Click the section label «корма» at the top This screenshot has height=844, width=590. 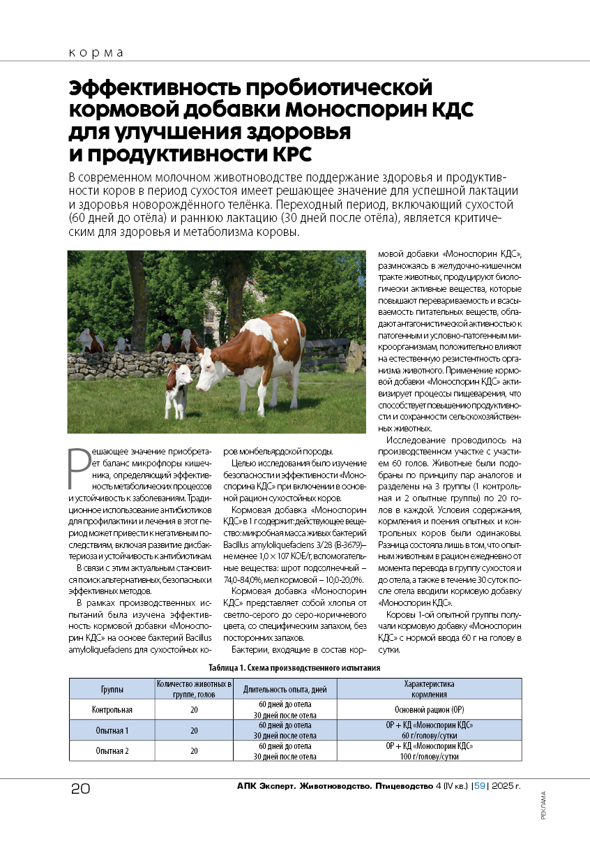point(96,53)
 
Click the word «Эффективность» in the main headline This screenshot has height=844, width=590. point(153,89)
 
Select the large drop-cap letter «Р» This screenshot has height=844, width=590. point(80,466)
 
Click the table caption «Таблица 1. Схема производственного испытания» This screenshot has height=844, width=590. point(298,668)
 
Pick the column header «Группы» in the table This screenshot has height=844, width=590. point(112,689)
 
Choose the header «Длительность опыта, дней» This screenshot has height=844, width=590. point(285,689)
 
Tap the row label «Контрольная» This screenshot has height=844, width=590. point(112,710)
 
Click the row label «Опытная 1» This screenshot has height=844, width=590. point(112,730)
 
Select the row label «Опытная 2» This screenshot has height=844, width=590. point(112,751)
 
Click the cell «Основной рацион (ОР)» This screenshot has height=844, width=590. point(430,710)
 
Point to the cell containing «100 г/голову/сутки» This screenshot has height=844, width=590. point(430,756)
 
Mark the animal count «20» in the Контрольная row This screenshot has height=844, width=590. point(194,710)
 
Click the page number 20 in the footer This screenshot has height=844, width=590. point(80,790)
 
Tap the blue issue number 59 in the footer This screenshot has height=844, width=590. point(480,787)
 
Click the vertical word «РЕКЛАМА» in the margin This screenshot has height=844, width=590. point(543,809)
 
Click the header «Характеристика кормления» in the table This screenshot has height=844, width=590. point(430,689)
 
